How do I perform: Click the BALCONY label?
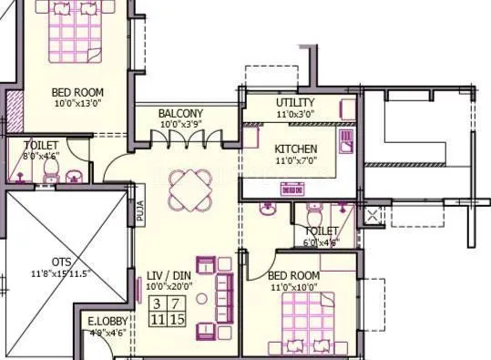coord(180,113)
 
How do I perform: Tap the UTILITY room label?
coord(295,102)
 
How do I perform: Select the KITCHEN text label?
coord(296,149)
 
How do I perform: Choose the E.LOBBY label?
coord(107,321)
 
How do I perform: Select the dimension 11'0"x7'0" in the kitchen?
coord(296,160)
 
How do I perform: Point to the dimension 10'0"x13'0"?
coord(77,103)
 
